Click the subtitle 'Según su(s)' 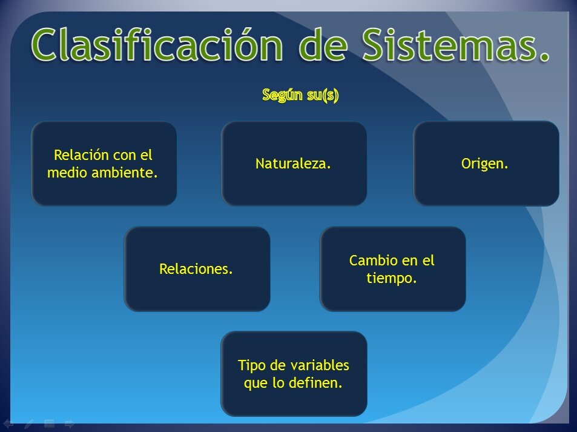pyautogui.click(x=300, y=95)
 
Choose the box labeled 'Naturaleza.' pyautogui.click(x=294, y=164)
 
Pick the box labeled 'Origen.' pyautogui.click(x=486, y=164)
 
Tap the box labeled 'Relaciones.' pyautogui.click(x=197, y=269)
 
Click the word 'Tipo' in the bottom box pyautogui.click(x=251, y=365)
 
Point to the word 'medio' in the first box pyautogui.click(x=66, y=173)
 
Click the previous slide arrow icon pyautogui.click(x=8, y=424)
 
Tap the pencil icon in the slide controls pyautogui.click(x=28, y=424)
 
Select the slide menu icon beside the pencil pyautogui.click(x=49, y=424)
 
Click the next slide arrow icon pyautogui.click(x=69, y=424)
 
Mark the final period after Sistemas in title pyautogui.click(x=543, y=58)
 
